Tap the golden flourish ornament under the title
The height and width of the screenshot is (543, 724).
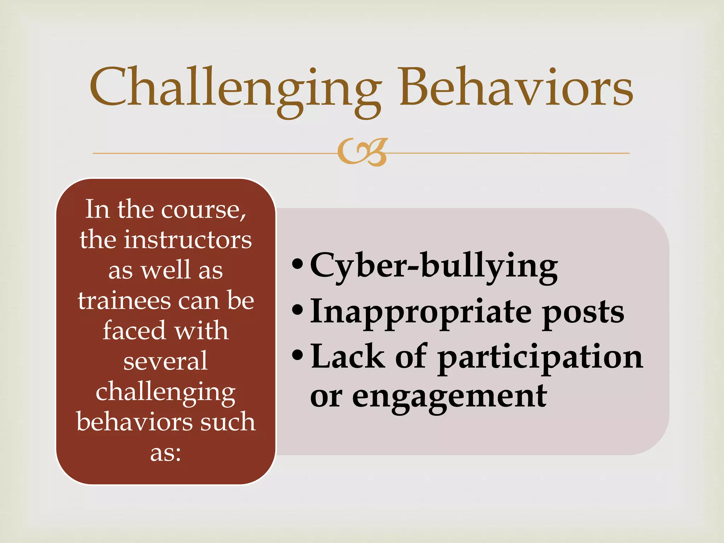click(362, 152)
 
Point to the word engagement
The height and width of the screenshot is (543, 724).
click(449, 397)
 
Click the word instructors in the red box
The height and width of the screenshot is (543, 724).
click(187, 240)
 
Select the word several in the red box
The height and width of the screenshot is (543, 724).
click(165, 361)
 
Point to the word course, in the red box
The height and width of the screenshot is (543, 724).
click(204, 210)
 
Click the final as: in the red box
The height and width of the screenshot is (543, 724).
click(165, 453)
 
